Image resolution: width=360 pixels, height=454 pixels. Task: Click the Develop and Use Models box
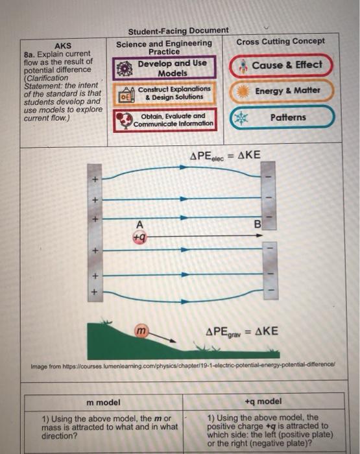click(164, 68)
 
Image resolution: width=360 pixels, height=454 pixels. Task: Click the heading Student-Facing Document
click(178, 30)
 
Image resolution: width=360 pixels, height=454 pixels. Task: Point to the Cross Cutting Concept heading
click(281, 42)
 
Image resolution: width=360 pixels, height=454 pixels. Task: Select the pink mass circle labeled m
click(141, 332)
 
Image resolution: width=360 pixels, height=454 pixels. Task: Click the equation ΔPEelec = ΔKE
click(224, 157)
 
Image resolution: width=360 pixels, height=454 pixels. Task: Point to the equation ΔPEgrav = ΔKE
click(242, 331)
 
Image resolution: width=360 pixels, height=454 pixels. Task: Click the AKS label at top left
click(63, 46)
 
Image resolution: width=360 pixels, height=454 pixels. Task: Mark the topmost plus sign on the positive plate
click(94, 179)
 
